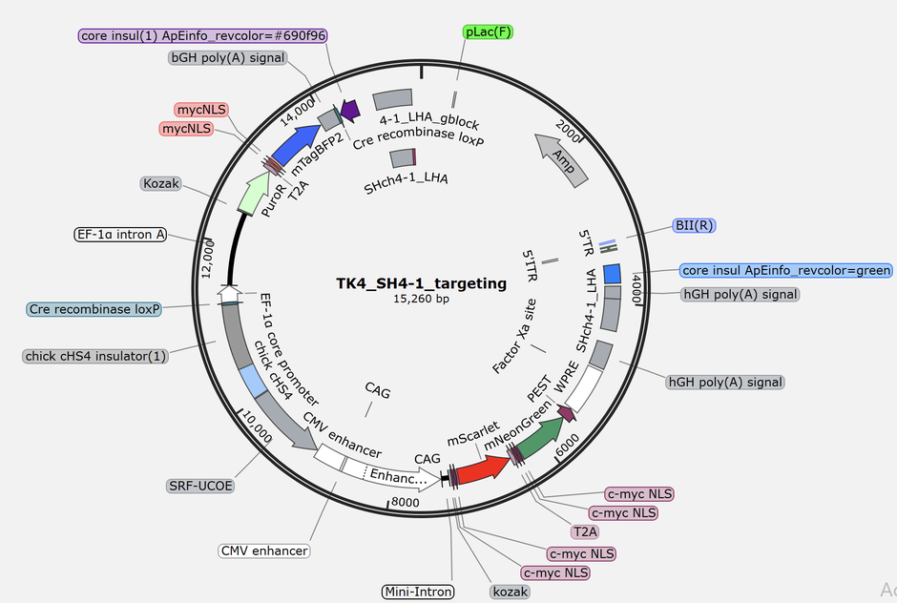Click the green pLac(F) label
(489, 31)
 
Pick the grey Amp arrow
(561, 157)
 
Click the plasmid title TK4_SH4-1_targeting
(421, 283)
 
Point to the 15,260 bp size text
(421, 300)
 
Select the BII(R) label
(694, 226)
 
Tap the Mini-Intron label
(418, 593)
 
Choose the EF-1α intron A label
(119, 234)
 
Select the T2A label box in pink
(585, 531)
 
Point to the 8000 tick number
(406, 503)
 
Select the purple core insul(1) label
(203, 35)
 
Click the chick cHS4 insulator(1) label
(96, 356)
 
